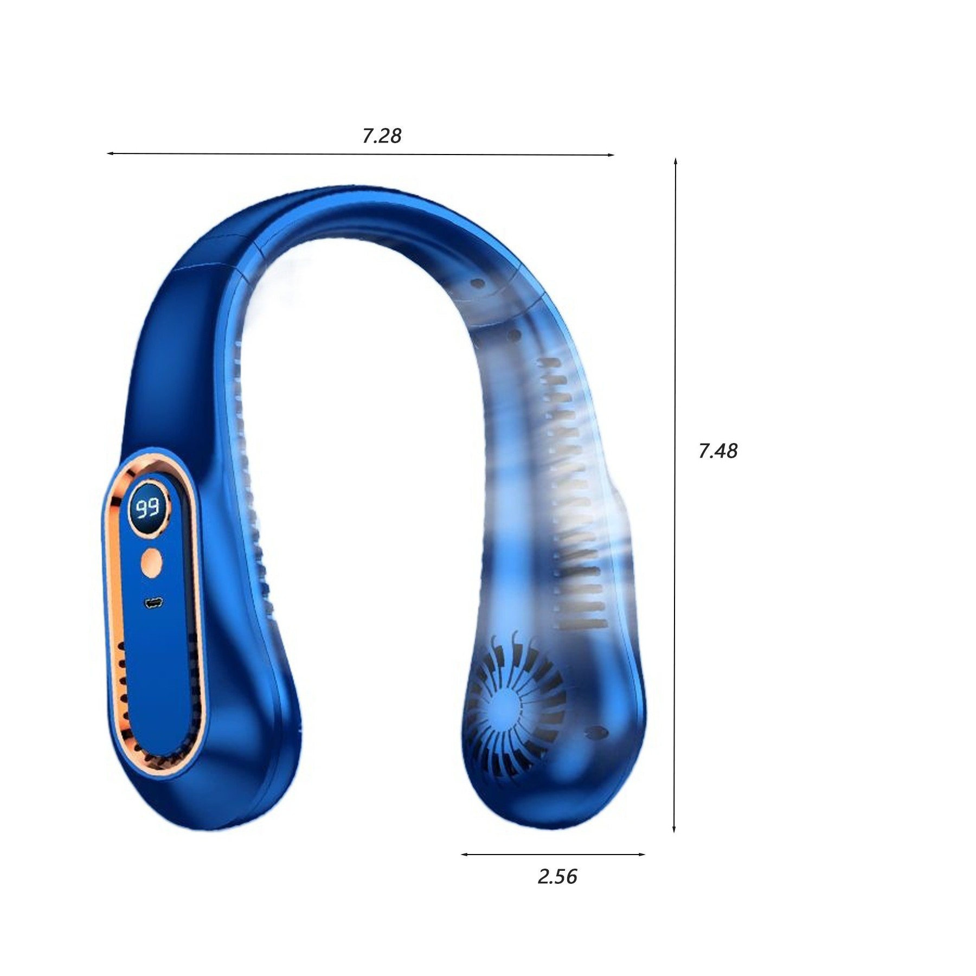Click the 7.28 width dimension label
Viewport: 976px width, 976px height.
[382, 136]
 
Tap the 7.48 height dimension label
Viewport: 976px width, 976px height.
[718, 451]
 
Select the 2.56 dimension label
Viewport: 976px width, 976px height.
[557, 877]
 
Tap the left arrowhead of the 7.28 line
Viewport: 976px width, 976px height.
[110, 153]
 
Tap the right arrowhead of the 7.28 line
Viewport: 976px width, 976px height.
[611, 155]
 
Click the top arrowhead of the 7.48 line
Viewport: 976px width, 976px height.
[675, 162]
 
